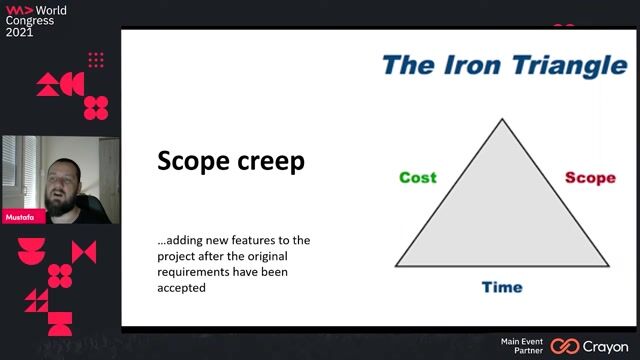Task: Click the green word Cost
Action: tap(418, 178)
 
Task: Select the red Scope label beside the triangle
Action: tap(590, 178)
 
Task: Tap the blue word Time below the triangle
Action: tap(502, 287)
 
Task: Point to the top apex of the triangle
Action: tap(502, 120)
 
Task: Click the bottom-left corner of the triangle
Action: tap(396, 266)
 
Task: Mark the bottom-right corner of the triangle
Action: tap(608, 266)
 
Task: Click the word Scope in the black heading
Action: tap(190, 161)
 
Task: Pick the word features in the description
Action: tap(252, 240)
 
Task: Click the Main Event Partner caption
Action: tap(522, 346)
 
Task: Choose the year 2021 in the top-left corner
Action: tap(20, 32)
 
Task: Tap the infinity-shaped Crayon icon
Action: tap(565, 346)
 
